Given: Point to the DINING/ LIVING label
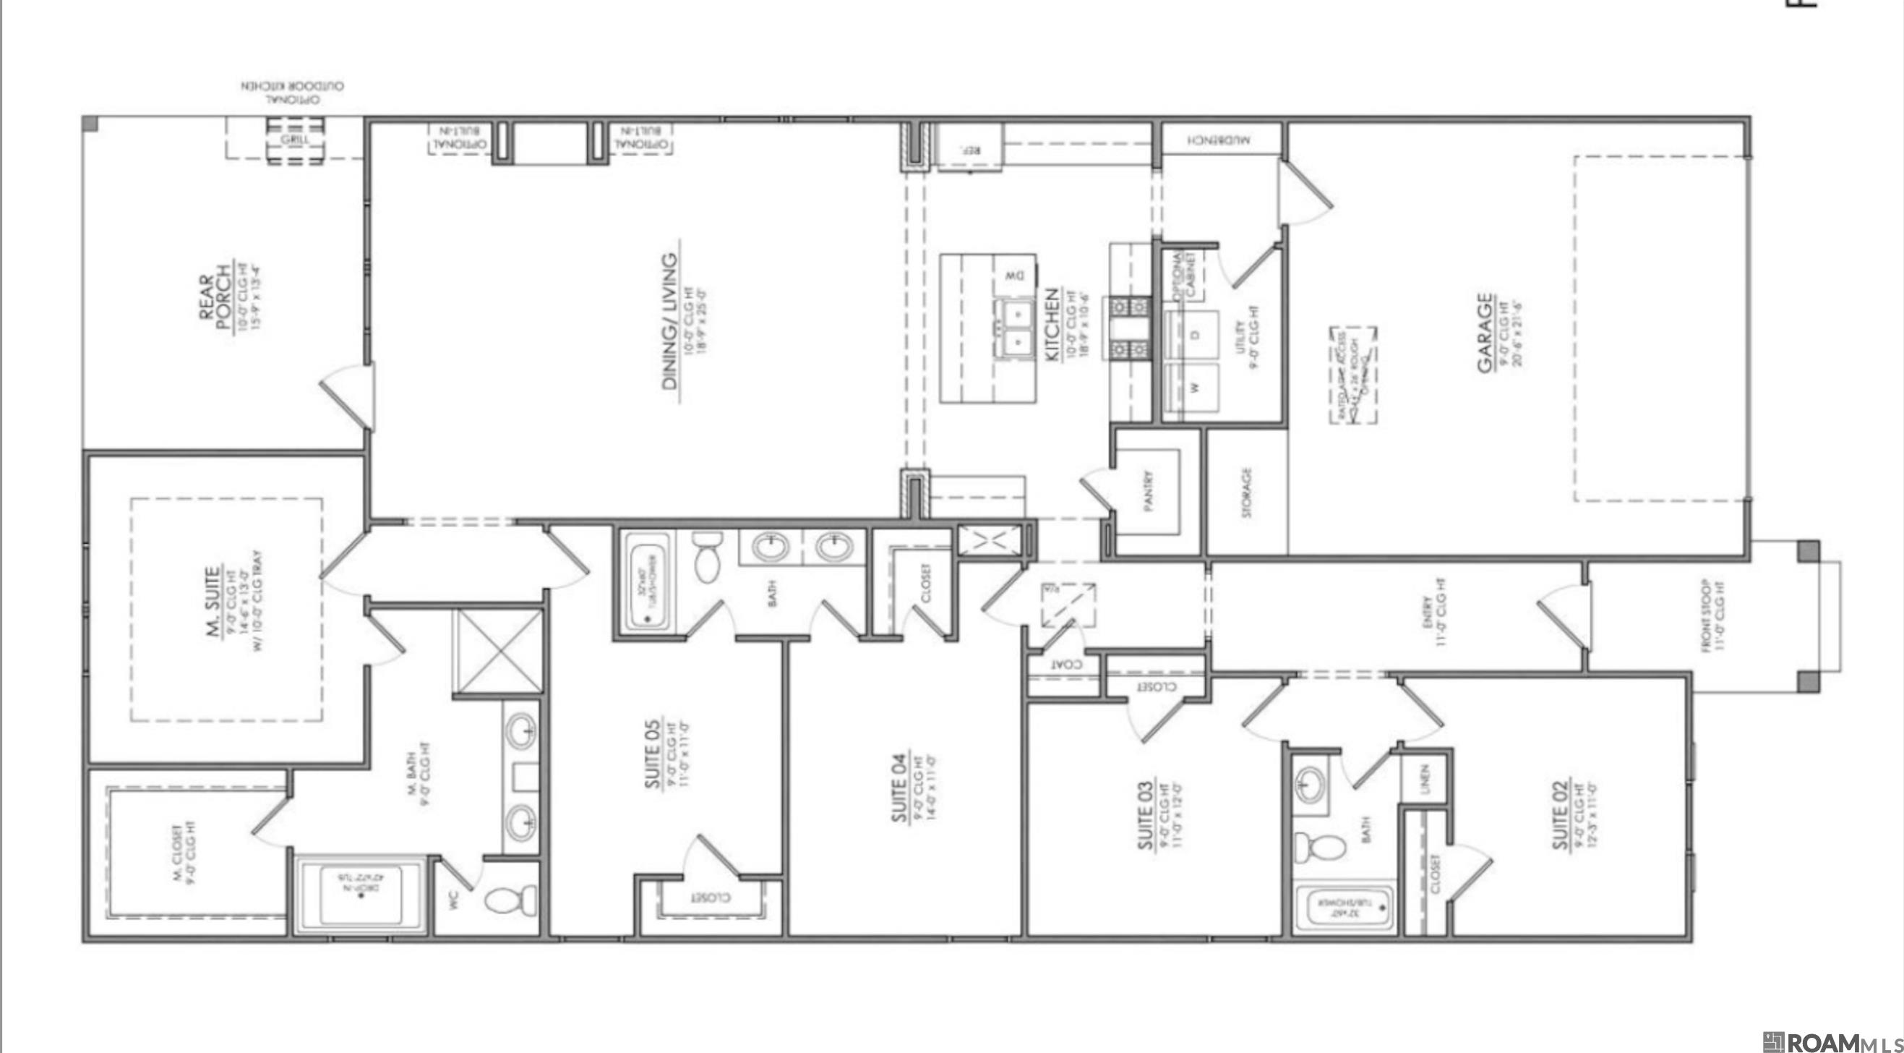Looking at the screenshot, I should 669,321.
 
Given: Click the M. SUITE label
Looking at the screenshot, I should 212,602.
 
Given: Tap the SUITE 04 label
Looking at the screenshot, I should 898,788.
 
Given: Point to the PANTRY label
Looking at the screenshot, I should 1148,491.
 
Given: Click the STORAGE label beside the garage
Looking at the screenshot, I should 1247,493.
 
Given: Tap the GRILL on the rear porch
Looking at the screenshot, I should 294,140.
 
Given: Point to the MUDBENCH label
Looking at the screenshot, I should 1219,139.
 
